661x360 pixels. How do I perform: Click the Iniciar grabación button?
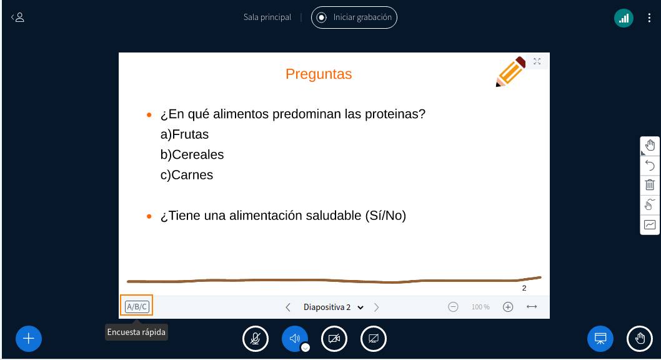[x=354, y=17]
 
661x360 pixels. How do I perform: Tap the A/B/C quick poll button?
[x=137, y=306]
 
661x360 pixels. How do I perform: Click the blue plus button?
[x=29, y=339]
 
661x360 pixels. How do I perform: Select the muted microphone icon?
[x=256, y=339]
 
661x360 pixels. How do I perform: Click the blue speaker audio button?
[x=295, y=339]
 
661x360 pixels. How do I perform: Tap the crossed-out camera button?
[x=334, y=339]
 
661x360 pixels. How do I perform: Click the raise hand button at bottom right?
[x=640, y=339]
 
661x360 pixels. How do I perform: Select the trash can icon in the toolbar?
[x=650, y=185]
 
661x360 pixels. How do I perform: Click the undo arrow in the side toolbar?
[x=650, y=166]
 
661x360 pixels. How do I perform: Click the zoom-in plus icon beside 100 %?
[x=508, y=307]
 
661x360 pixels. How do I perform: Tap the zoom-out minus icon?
[x=454, y=307]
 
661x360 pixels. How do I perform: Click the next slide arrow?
[x=377, y=307]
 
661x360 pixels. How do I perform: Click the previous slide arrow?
[x=288, y=307]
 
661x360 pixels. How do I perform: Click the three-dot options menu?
[x=649, y=18]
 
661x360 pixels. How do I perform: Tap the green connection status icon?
[x=624, y=18]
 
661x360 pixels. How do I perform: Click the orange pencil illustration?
[x=510, y=72]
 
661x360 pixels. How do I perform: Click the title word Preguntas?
[x=319, y=74]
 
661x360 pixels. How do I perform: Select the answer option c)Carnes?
[x=187, y=175]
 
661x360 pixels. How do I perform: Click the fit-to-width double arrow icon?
[x=532, y=307]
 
